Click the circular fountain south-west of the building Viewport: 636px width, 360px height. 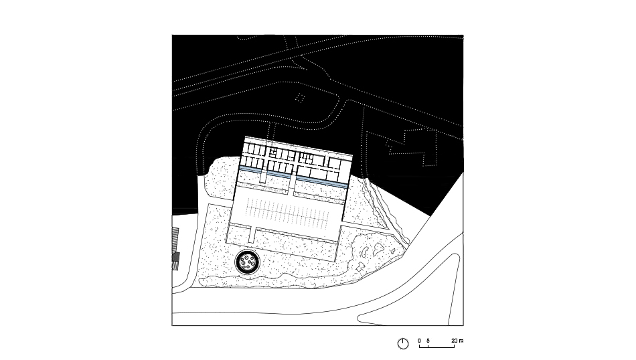[x=248, y=262]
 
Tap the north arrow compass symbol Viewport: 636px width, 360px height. [x=403, y=343]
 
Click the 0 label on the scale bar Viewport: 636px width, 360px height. [x=419, y=341]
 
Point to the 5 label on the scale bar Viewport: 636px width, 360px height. [x=428, y=341]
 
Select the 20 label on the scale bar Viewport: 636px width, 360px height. [x=455, y=341]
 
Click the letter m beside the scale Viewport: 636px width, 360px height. [x=461, y=341]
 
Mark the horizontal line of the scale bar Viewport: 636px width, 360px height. [x=437, y=347]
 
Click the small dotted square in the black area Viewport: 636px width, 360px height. [x=300, y=98]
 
